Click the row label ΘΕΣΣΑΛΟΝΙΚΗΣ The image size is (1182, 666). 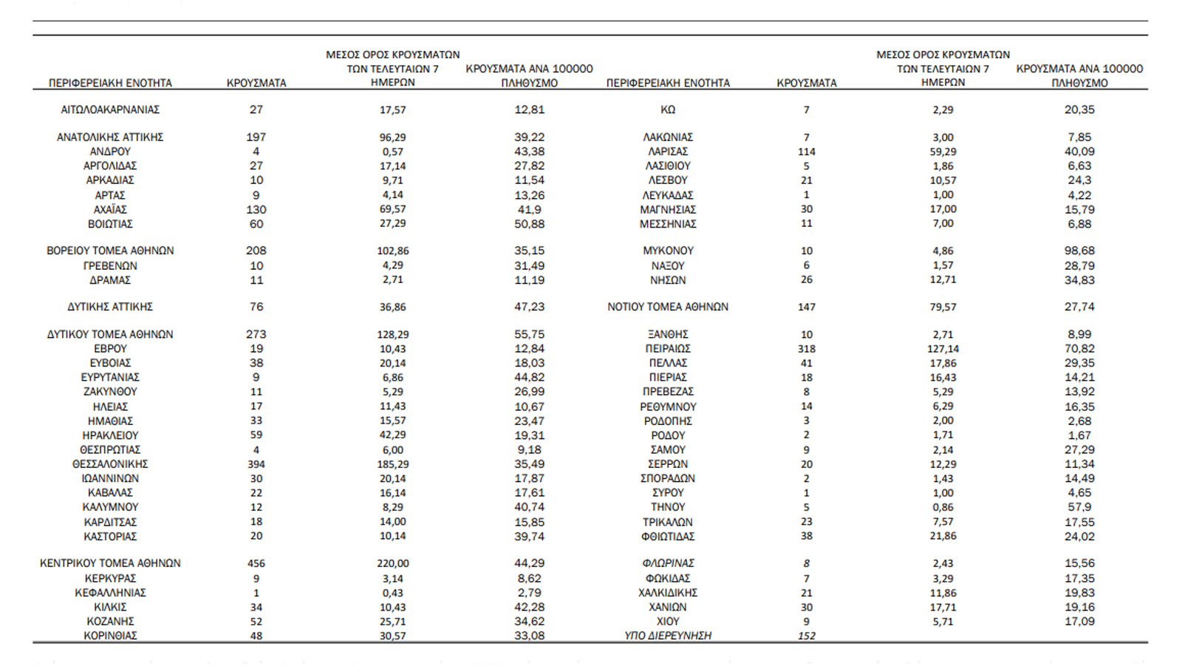pyautogui.click(x=110, y=464)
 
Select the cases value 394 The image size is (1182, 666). pyautogui.click(x=256, y=464)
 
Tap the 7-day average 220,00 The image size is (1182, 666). pyautogui.click(x=393, y=563)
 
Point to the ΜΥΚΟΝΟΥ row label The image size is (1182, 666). pyautogui.click(x=668, y=251)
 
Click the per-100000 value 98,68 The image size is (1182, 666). pyautogui.click(x=1079, y=251)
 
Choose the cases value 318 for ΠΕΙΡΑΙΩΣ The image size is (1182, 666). pyautogui.click(x=807, y=349)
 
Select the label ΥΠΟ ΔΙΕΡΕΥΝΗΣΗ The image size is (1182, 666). pyautogui.click(x=668, y=636)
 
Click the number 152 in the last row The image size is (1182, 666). pyautogui.click(x=807, y=636)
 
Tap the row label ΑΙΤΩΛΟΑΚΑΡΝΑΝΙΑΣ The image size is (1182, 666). pyautogui.click(x=110, y=109)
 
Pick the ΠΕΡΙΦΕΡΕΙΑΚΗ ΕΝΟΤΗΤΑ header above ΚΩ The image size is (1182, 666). pyautogui.click(x=668, y=84)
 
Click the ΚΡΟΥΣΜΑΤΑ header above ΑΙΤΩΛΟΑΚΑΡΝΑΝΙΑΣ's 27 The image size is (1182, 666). pyautogui.click(x=256, y=84)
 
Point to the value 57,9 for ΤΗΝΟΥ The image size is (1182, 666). pyautogui.click(x=1079, y=507)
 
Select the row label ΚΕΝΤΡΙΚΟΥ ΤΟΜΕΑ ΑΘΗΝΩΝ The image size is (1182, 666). pyautogui.click(x=110, y=563)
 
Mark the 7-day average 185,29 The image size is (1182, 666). pyautogui.click(x=393, y=464)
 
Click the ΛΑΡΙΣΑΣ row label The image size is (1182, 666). pyautogui.click(x=668, y=152)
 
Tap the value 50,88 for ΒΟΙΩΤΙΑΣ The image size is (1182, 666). pyautogui.click(x=530, y=224)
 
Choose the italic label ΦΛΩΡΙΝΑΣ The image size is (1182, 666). pyautogui.click(x=668, y=563)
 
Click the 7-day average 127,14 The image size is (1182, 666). pyautogui.click(x=943, y=349)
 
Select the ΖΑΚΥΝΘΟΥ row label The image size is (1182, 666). pyautogui.click(x=110, y=392)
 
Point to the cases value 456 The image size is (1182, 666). pyautogui.click(x=256, y=563)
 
